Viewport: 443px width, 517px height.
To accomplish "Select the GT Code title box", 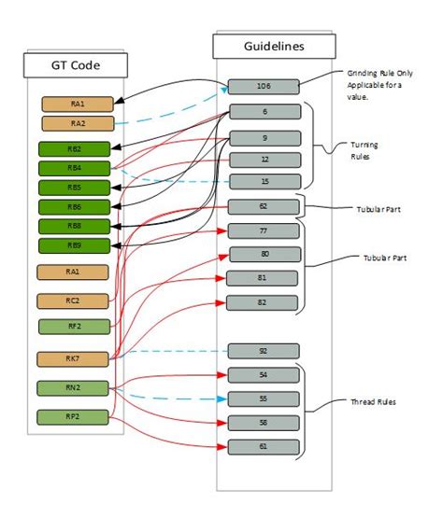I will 75,65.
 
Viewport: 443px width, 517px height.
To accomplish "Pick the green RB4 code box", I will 74,168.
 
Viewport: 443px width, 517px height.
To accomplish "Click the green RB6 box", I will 74,206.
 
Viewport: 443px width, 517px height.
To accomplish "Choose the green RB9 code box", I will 74,245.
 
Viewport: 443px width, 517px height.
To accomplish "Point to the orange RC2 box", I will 73,300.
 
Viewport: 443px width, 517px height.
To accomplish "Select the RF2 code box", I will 73,327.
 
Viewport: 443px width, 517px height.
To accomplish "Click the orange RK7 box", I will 73,358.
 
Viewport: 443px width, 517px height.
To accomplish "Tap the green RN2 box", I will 73,387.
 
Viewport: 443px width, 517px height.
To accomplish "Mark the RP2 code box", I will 73,416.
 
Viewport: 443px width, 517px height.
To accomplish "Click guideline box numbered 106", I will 264,87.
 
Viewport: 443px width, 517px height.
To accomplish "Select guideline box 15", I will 264,181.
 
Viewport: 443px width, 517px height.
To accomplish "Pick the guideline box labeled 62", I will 264,207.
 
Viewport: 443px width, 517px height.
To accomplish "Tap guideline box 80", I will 264,254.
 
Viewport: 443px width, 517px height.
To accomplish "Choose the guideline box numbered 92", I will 264,351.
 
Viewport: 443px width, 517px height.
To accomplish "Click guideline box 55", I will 264,398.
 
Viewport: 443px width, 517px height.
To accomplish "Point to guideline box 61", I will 264,446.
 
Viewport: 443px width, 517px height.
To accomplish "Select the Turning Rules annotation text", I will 364,150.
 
